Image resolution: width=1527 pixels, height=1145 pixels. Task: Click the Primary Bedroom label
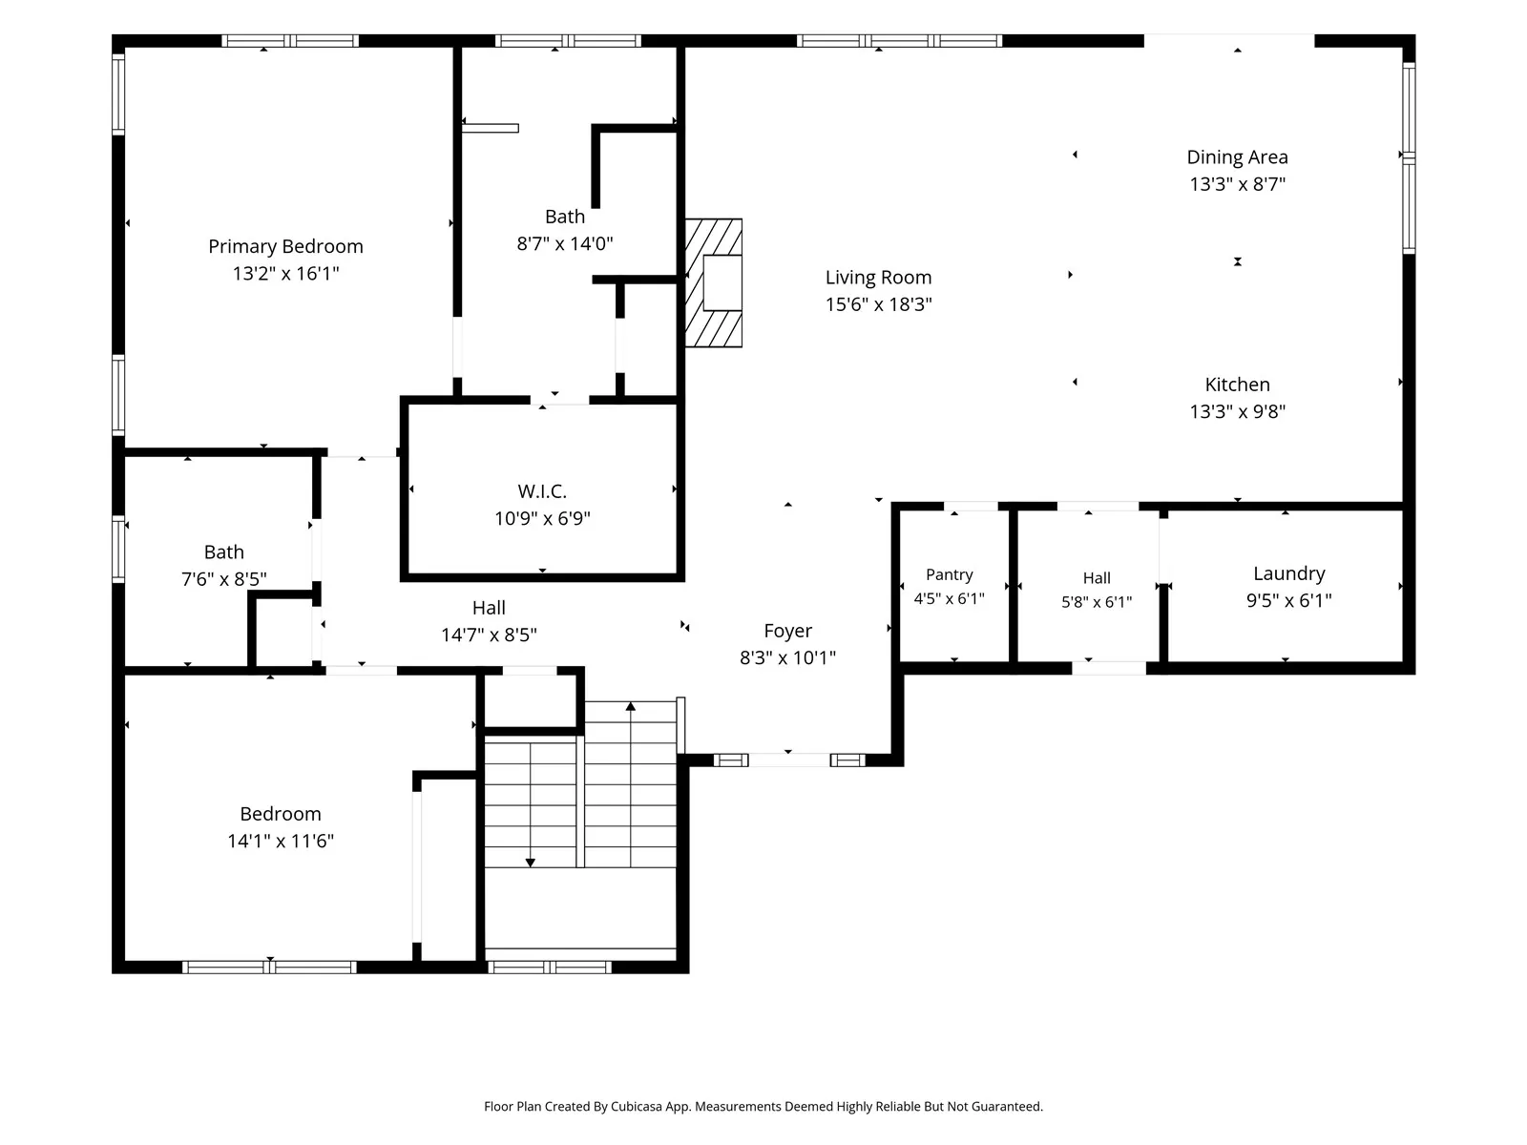coord(285,247)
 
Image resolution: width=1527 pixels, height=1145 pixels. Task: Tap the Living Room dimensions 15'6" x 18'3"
coord(878,304)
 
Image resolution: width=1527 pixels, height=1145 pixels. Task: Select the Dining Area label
coord(1237,157)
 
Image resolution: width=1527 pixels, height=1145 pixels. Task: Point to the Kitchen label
coord(1237,385)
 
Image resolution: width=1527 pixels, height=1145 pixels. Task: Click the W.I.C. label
coord(542,491)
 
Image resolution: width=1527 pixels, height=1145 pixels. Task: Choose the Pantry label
coord(949,575)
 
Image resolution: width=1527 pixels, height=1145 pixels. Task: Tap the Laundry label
coord(1288,573)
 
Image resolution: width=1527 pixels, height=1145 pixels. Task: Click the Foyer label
coord(787,631)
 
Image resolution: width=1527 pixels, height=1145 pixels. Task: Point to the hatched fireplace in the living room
coord(713,283)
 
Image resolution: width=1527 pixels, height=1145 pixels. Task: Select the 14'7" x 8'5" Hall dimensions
coord(489,635)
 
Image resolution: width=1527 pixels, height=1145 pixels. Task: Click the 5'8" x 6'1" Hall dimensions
coord(1097,602)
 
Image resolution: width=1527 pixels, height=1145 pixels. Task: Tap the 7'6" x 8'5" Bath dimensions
coord(224,579)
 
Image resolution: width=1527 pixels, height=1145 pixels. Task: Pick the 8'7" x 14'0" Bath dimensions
coord(564,243)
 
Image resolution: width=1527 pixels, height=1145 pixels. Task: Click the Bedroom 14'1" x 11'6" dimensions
coord(281,842)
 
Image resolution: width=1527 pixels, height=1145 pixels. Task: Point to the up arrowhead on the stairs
coord(630,706)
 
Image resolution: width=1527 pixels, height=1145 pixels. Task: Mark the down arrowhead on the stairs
coord(530,863)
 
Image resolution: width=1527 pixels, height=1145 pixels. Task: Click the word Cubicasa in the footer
coord(636,1106)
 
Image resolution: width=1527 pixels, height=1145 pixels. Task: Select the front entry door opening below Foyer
coord(789,760)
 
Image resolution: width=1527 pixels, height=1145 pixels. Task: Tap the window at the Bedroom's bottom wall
coord(269,967)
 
